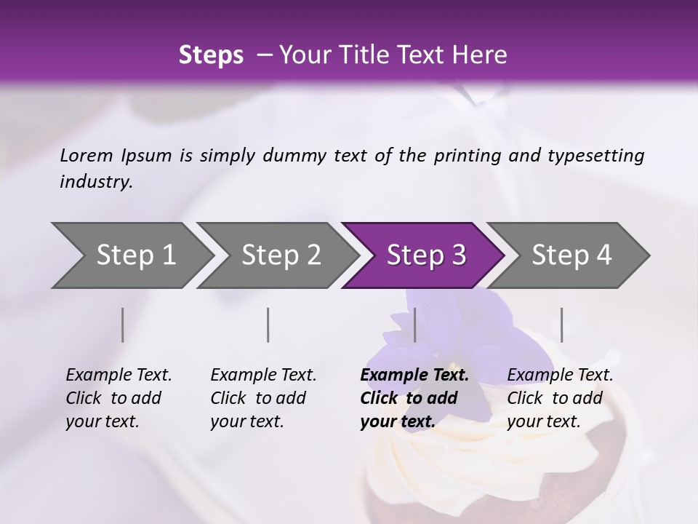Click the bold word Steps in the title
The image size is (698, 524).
coord(211,55)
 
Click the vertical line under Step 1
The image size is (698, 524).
coord(122,325)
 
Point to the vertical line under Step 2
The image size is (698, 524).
coord(268,325)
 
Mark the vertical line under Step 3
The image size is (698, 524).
coord(414,325)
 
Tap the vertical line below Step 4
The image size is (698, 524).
coord(561,325)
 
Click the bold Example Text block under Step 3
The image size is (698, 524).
coord(414,398)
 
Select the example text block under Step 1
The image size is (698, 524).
coord(119,398)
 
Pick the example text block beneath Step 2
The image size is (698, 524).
coord(263,398)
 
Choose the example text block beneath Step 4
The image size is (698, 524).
coord(560,398)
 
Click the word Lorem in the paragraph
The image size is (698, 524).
coord(87,155)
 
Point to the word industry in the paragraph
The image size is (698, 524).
coord(96,182)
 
